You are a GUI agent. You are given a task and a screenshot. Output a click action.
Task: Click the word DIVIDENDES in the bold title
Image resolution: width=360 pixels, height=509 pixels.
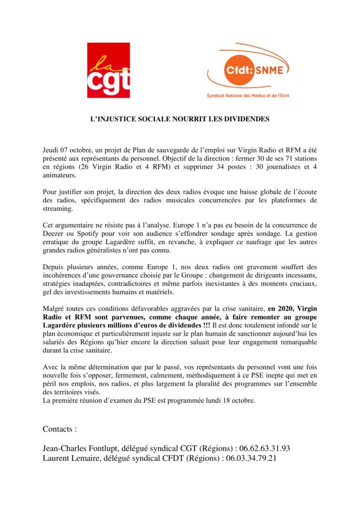(x=244, y=120)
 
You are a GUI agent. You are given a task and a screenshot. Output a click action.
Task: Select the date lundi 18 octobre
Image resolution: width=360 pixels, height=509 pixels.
(x=233, y=400)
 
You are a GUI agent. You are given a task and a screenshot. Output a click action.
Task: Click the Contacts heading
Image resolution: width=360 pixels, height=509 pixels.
(x=60, y=429)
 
